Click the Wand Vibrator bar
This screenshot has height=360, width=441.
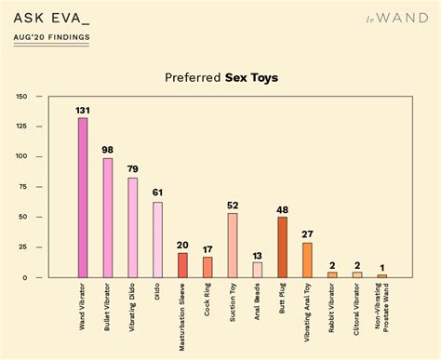pos(83,197)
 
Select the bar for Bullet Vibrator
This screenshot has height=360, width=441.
pos(108,218)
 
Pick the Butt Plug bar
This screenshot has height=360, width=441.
pos(282,247)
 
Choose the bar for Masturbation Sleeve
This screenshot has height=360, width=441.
pos(182,265)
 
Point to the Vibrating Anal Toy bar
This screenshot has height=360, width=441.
pos(307,260)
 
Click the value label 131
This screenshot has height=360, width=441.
pos(83,111)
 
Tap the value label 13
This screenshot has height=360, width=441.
pos(257,255)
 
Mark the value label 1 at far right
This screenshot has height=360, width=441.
pos(381,268)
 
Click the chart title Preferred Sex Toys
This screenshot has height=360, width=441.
pos(220,79)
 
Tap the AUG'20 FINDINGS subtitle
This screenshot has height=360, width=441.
pos(52,37)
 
